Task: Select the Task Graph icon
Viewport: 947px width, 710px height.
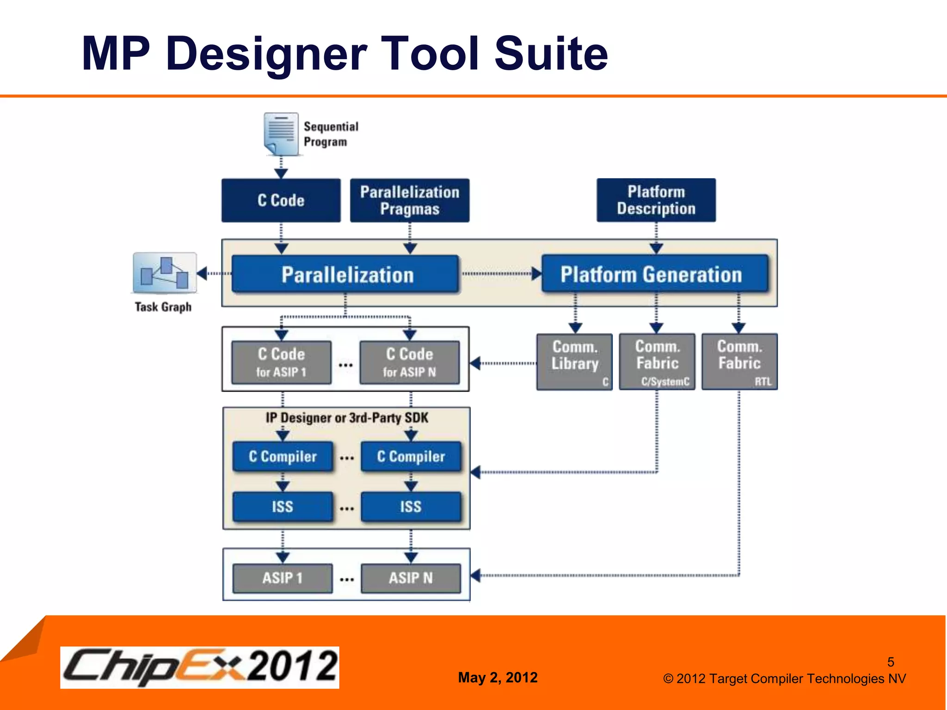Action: click(x=165, y=273)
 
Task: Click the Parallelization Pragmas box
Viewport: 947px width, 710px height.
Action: click(x=410, y=201)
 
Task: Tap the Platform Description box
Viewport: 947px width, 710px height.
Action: click(x=656, y=200)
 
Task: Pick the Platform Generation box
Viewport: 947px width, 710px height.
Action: click(x=655, y=274)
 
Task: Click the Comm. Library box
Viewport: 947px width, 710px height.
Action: click(x=575, y=361)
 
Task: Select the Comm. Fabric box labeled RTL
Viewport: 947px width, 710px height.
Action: click(x=739, y=361)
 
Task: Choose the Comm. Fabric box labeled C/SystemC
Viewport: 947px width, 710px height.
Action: click(x=657, y=361)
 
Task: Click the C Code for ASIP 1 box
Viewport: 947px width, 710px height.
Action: click(x=282, y=362)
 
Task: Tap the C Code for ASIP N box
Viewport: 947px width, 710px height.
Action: click(x=410, y=362)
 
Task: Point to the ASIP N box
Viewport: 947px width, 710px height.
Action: click(x=411, y=578)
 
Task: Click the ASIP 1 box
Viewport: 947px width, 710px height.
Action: click(x=283, y=578)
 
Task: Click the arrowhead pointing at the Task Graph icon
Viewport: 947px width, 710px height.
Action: click(x=202, y=273)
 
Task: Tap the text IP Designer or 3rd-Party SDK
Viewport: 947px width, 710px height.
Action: click(x=347, y=418)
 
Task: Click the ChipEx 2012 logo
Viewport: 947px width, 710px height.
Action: click(x=200, y=667)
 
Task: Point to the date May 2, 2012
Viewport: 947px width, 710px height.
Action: click(x=498, y=678)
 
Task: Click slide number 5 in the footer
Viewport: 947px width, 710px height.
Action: click(x=891, y=662)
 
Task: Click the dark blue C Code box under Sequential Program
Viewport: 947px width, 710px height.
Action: click(x=281, y=201)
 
